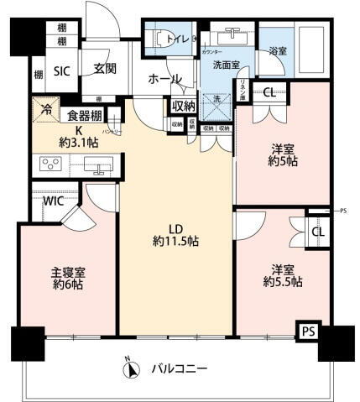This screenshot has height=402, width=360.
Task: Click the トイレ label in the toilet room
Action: (x=180, y=38)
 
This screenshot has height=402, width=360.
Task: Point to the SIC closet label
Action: (x=62, y=70)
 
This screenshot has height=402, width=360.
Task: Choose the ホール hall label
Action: (x=165, y=79)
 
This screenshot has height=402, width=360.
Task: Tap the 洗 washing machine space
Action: (x=217, y=98)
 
